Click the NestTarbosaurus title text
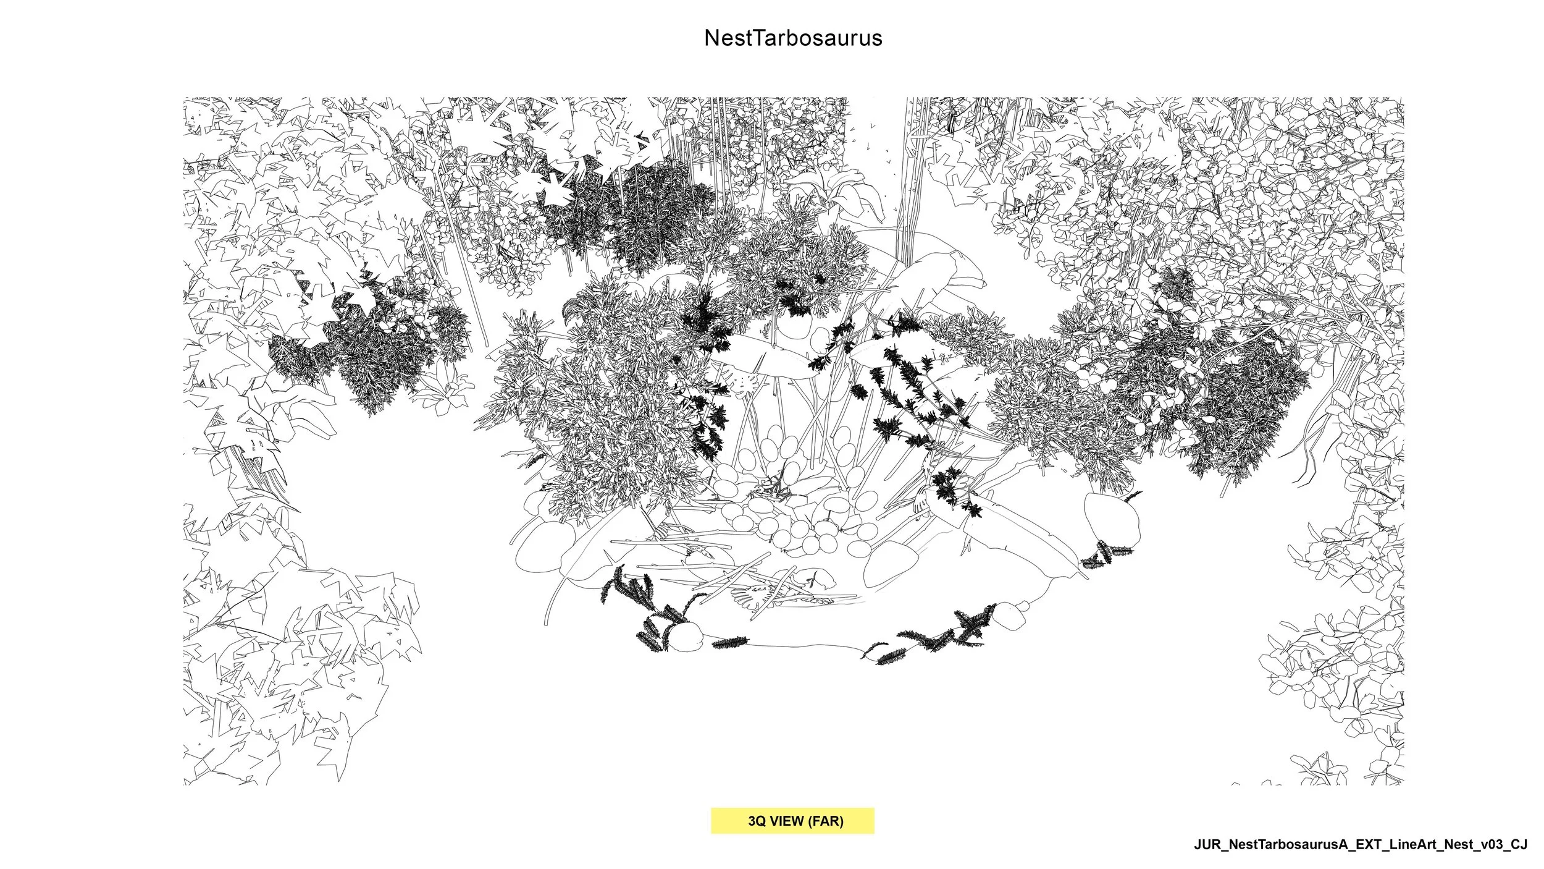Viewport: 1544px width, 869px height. [793, 38]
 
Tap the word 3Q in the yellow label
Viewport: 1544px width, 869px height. [757, 821]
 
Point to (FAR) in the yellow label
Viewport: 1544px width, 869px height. [826, 821]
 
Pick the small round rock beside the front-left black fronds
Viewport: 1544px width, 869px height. [687, 636]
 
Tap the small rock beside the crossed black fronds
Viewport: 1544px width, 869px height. [1011, 616]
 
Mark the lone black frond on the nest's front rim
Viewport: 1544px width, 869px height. [730, 643]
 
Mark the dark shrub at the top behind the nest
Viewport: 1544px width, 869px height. [642, 210]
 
